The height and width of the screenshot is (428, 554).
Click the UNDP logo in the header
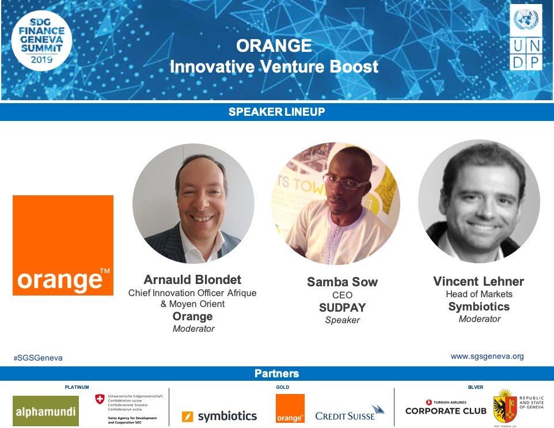coord(526,38)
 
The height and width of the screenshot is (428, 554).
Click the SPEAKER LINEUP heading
coord(276,112)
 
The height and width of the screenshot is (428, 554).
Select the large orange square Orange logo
coord(63,245)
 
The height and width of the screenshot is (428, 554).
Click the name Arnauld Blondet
coord(192,281)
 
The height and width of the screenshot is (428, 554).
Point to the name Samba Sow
coord(342,282)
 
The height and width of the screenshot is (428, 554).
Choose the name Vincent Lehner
coord(479,282)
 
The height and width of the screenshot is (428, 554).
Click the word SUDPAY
coord(342,308)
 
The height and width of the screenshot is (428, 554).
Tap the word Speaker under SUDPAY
coord(342,320)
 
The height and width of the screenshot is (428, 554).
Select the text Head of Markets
coord(479,294)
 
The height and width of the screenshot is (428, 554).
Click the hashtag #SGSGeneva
coord(38,358)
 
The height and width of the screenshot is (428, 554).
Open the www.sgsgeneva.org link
coord(487,357)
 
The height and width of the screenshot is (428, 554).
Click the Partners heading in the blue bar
coord(276,374)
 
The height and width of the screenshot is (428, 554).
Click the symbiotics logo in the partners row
coord(219,416)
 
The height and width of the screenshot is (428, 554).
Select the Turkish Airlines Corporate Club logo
coord(445,408)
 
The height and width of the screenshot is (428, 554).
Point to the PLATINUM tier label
coord(77,388)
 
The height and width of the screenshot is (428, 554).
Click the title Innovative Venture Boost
coord(274,67)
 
